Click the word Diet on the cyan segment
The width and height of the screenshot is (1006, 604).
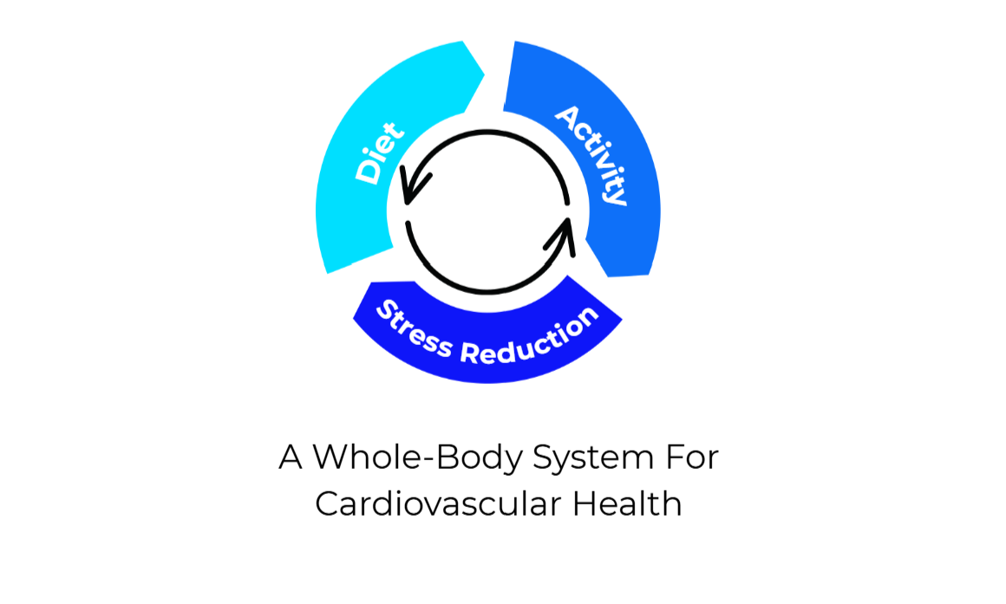[379, 153]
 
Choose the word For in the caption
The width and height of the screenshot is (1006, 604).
[693, 458]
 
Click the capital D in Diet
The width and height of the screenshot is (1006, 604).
[368, 172]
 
